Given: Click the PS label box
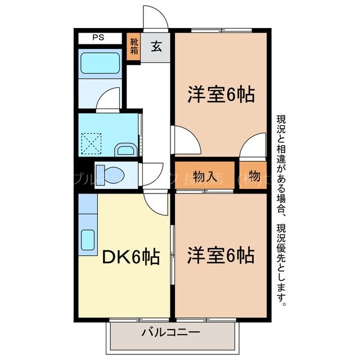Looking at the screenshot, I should pos(99,38).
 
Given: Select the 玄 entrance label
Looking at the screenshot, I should pos(156,46).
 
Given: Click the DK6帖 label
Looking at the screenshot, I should pos(129,257).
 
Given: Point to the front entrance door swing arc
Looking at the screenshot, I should pos(155,17).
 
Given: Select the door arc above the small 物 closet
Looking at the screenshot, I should pos(253,146).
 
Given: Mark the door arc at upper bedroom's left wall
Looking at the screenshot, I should pos(186,139).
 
